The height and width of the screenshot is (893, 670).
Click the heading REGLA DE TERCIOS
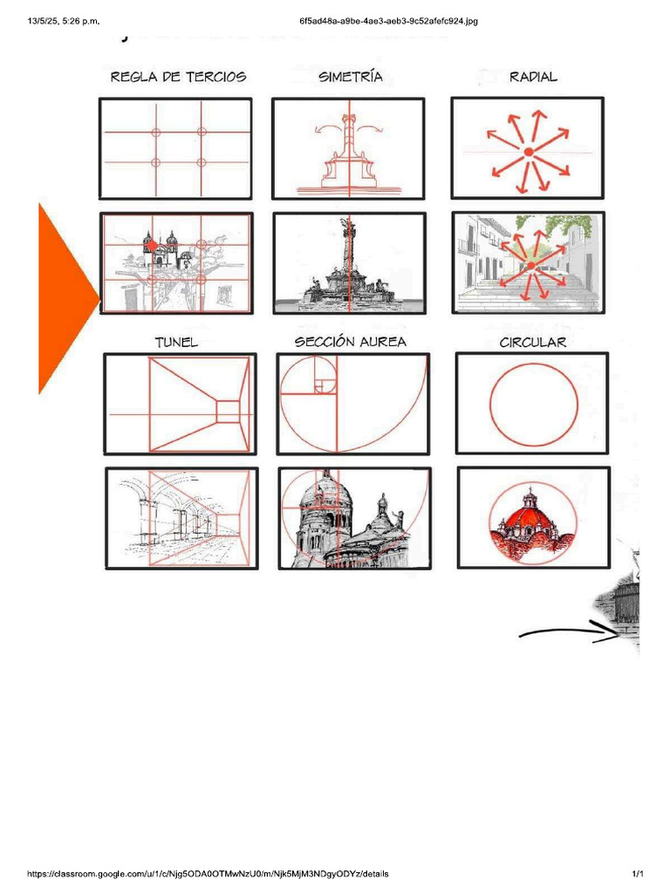coord(178,77)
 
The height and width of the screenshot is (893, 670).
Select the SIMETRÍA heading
coord(351,77)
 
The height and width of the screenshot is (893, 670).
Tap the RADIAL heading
coord(533,77)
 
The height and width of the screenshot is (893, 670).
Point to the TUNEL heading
coord(176,342)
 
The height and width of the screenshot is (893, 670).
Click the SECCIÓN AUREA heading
coord(351,342)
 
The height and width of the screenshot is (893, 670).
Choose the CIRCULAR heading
coord(532,342)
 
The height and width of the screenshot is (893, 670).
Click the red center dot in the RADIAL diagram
coord(528,153)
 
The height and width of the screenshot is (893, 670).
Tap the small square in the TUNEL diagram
coord(226,411)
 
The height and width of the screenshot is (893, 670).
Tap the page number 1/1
coord(637,874)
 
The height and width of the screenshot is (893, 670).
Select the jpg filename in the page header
coord(388,21)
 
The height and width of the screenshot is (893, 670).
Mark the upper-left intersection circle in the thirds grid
coord(156,133)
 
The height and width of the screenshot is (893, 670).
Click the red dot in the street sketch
coord(530,265)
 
